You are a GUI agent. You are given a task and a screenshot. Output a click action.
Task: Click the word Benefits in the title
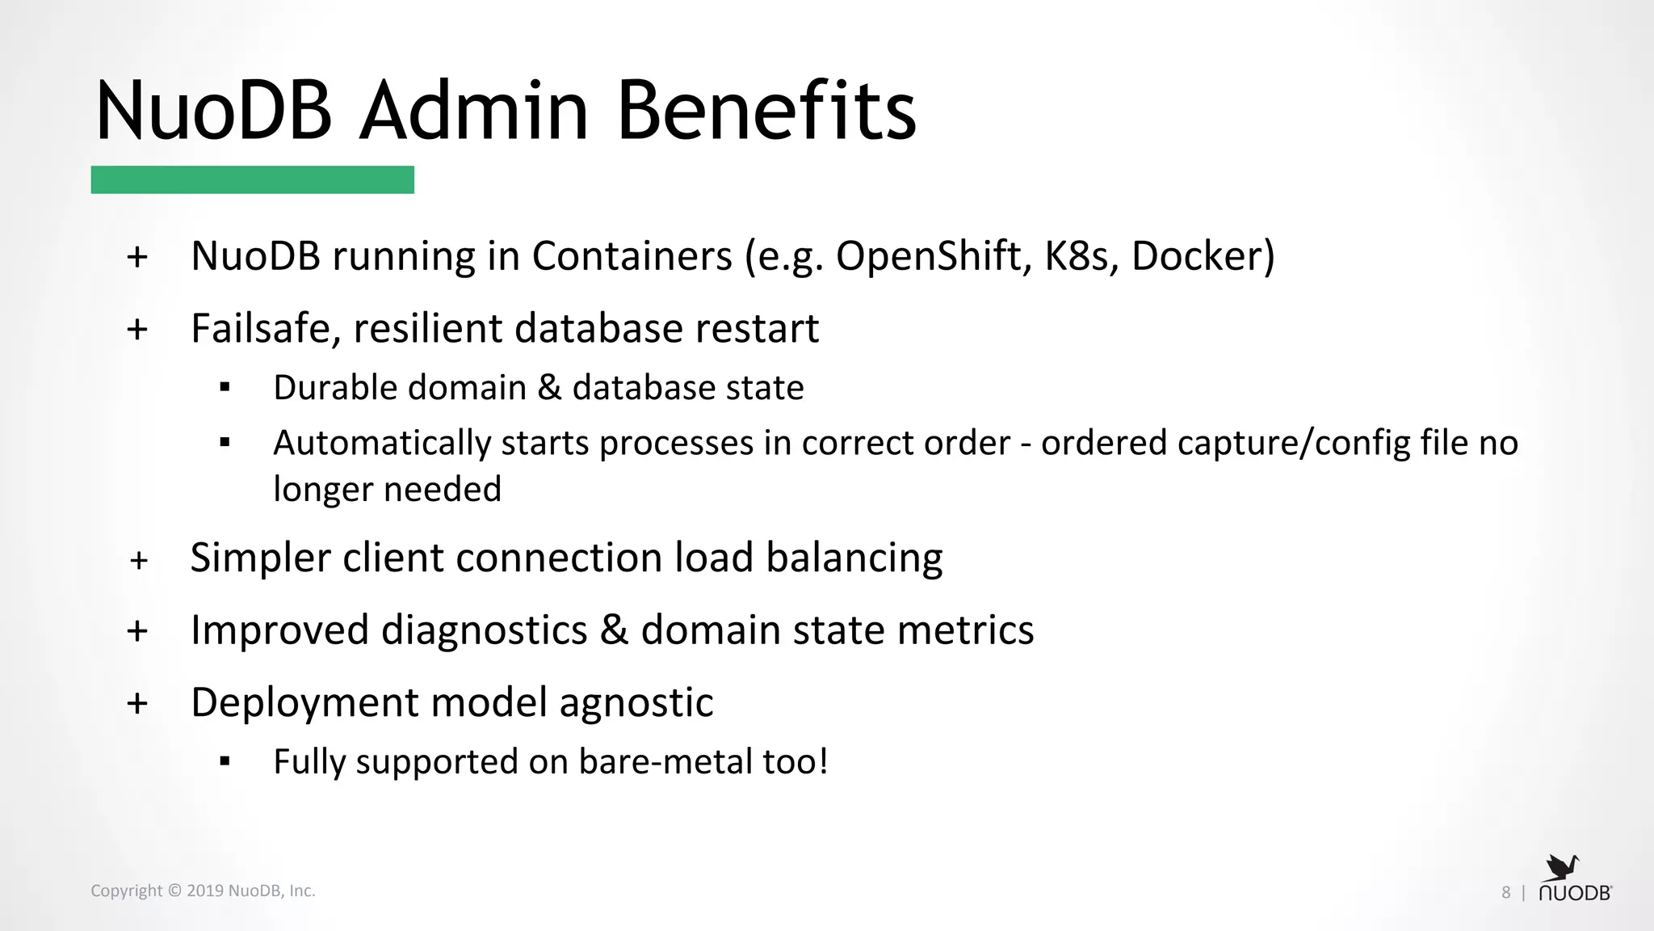766,111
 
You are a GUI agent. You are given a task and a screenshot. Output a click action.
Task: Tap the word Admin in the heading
474,111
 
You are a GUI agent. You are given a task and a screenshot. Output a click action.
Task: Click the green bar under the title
252,179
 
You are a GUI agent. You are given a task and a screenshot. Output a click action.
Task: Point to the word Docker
1197,256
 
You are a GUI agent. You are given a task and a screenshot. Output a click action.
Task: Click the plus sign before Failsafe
137,330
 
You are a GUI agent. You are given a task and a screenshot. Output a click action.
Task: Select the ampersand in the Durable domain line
548,388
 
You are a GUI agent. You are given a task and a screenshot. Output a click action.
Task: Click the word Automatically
382,444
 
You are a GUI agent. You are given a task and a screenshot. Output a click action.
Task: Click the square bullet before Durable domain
225,388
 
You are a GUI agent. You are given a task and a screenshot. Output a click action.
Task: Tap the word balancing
854,558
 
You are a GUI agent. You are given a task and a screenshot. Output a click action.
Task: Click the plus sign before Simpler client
139,560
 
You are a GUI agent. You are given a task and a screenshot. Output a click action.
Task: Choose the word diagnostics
484,630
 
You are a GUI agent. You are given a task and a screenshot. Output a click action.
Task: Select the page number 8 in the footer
1505,892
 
